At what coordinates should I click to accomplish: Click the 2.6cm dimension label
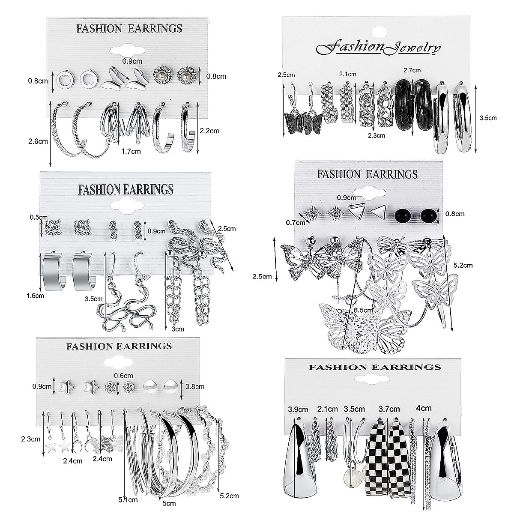(x=37, y=142)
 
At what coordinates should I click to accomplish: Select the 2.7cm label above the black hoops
(x=412, y=70)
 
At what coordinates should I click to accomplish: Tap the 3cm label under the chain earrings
(x=176, y=329)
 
